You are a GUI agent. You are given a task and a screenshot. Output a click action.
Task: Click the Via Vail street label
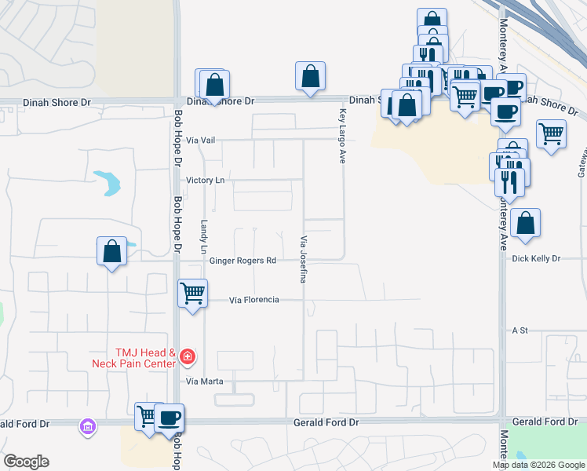coord(201,140)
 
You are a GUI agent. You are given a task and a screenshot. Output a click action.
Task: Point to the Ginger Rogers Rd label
coord(242,261)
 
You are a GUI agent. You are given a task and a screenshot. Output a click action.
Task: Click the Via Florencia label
coord(254,300)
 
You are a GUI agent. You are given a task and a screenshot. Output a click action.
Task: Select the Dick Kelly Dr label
coord(536,258)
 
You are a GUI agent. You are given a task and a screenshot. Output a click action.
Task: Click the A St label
coord(517,330)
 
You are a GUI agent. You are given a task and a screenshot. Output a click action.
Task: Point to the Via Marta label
coord(205,382)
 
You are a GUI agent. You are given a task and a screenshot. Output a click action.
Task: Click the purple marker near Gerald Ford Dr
coord(87,427)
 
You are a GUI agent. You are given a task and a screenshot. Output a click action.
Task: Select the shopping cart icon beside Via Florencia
coord(192,294)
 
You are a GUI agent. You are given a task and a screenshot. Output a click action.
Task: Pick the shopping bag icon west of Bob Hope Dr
coord(112,251)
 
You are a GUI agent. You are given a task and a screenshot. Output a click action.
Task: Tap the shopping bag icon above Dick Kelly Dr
coord(525,223)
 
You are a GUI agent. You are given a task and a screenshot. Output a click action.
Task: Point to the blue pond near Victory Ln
coord(109,182)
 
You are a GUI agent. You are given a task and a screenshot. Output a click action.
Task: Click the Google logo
coord(26,462)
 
